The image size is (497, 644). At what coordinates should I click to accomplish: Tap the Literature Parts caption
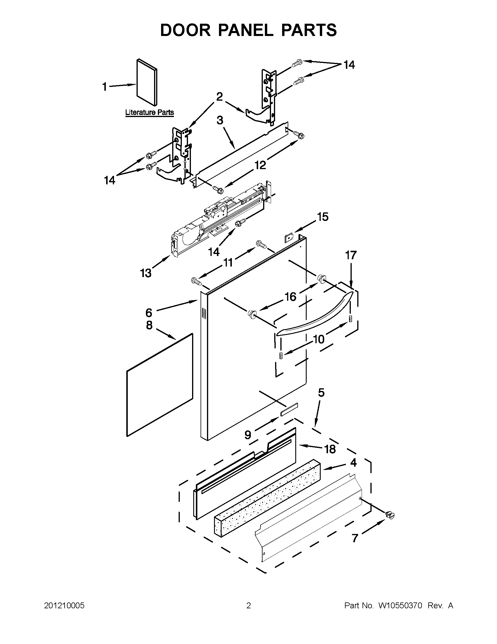pos(149,112)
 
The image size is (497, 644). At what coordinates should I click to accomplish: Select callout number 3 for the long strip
pos(220,121)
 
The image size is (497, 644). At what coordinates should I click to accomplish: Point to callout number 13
pos(146,273)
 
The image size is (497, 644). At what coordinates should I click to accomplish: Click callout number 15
pos(322,217)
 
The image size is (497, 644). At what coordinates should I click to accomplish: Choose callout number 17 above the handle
pos(351,255)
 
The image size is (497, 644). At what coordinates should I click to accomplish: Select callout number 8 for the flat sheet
pos(149,325)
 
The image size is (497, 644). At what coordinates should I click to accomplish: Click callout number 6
pos(149,312)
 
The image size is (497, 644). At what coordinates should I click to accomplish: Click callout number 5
pos(321,392)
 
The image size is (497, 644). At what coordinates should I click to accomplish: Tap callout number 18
pos(330,449)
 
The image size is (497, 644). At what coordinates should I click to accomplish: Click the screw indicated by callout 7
pos(389,515)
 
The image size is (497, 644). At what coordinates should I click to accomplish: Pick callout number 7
pos(355,538)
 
